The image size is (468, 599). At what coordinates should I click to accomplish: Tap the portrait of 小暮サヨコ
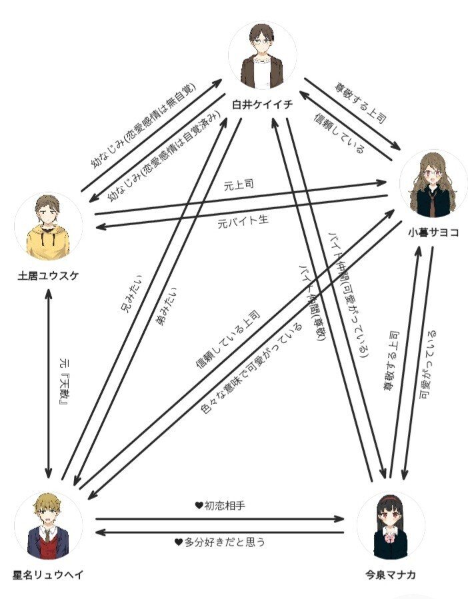(433, 184)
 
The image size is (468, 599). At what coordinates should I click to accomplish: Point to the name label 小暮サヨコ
(433, 233)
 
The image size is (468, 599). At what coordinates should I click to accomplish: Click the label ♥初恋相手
(220, 506)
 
